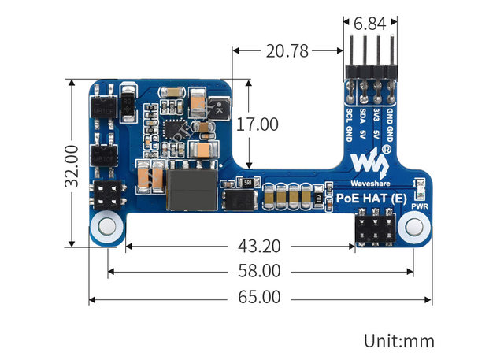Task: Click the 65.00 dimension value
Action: (x=259, y=299)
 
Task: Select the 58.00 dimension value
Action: (x=259, y=272)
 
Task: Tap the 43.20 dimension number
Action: (x=259, y=246)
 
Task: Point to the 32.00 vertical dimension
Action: (x=72, y=165)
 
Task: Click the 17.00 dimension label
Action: (x=257, y=124)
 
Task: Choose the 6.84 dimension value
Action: (x=369, y=24)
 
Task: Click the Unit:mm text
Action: (x=399, y=341)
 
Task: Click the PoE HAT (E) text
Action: (x=372, y=199)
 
